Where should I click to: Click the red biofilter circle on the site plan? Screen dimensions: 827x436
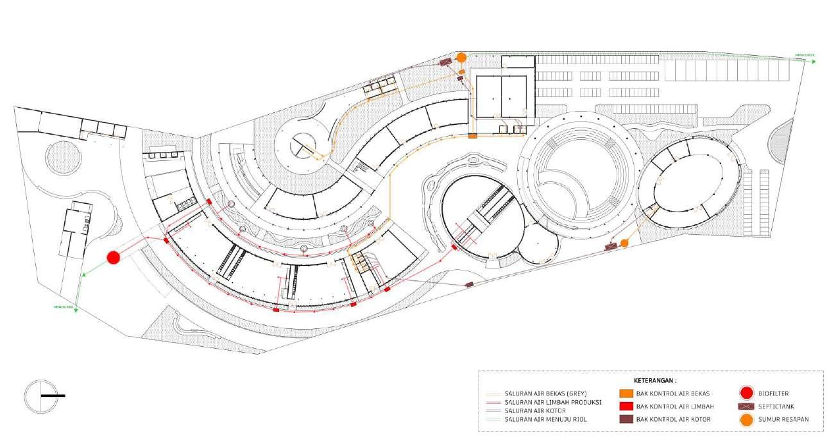pos(114,257)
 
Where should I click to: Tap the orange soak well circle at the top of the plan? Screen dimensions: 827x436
pos(461,58)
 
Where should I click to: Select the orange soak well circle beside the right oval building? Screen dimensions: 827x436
pos(624,243)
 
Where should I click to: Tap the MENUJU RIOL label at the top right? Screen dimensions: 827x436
pos(805,55)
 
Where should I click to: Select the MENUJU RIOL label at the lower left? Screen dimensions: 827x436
pos(64,307)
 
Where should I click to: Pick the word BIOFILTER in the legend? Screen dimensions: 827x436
pos(773,393)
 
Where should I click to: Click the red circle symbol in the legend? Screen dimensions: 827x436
pos(746,393)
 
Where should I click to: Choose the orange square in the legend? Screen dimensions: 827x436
pos(626,393)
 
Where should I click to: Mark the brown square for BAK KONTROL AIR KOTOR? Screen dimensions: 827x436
pos(626,419)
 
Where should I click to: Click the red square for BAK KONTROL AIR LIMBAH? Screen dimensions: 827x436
pos(626,406)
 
